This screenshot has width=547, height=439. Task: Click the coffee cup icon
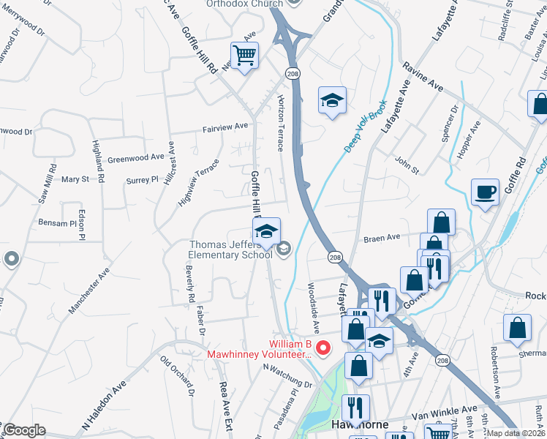tap(485, 192)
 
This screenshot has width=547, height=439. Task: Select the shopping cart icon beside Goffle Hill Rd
tap(244, 55)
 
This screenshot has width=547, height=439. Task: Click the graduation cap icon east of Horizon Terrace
tap(332, 101)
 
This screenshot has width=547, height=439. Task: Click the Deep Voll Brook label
tap(365, 127)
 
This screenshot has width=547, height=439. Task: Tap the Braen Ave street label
tap(382, 238)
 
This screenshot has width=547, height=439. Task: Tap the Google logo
tap(24, 430)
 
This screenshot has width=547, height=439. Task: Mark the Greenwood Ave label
tap(136, 157)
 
